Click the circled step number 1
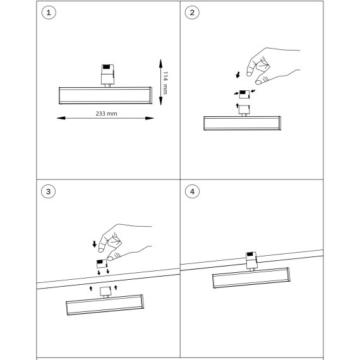49,13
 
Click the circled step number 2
192,13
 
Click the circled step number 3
48,191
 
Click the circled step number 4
192,191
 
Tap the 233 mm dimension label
106,114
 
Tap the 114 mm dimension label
165,83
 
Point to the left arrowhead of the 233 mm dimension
61,118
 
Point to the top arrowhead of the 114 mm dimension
160,64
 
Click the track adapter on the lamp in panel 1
107,76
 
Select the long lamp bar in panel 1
105,95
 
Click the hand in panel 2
273,66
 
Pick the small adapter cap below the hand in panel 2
244,94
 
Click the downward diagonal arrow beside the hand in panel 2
238,75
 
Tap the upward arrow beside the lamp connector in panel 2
237,105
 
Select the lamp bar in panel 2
243,123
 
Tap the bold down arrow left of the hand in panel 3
94,244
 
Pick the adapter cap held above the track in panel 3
102,263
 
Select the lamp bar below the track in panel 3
105,305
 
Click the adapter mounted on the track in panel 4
251,261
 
